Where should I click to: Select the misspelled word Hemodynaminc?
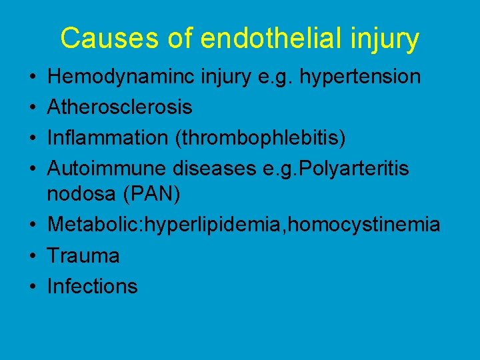[x=116, y=77]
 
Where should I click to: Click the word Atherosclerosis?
[x=120, y=107]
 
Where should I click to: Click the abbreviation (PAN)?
[x=154, y=194]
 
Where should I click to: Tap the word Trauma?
[x=83, y=256]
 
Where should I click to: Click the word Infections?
[x=93, y=287]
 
